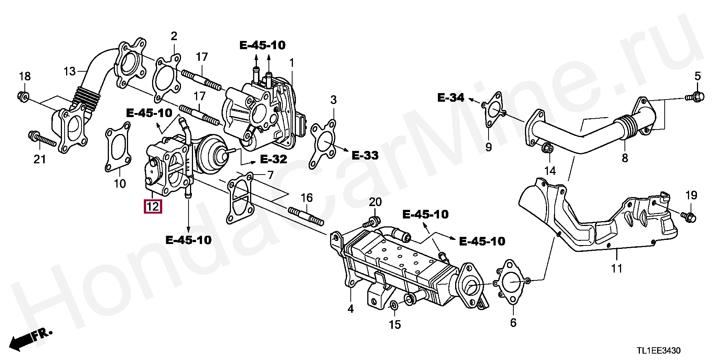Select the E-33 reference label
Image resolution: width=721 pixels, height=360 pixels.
365,155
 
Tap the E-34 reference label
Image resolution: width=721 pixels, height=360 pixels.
451,98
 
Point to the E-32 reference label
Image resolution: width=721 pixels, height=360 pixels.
273,159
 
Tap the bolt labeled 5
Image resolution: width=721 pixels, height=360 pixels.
694,96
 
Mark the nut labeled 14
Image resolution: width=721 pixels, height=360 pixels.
548,148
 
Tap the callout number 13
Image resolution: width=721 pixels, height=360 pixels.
69,71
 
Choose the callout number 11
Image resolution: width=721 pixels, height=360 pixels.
617,268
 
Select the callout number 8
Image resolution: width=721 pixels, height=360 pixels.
624,158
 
